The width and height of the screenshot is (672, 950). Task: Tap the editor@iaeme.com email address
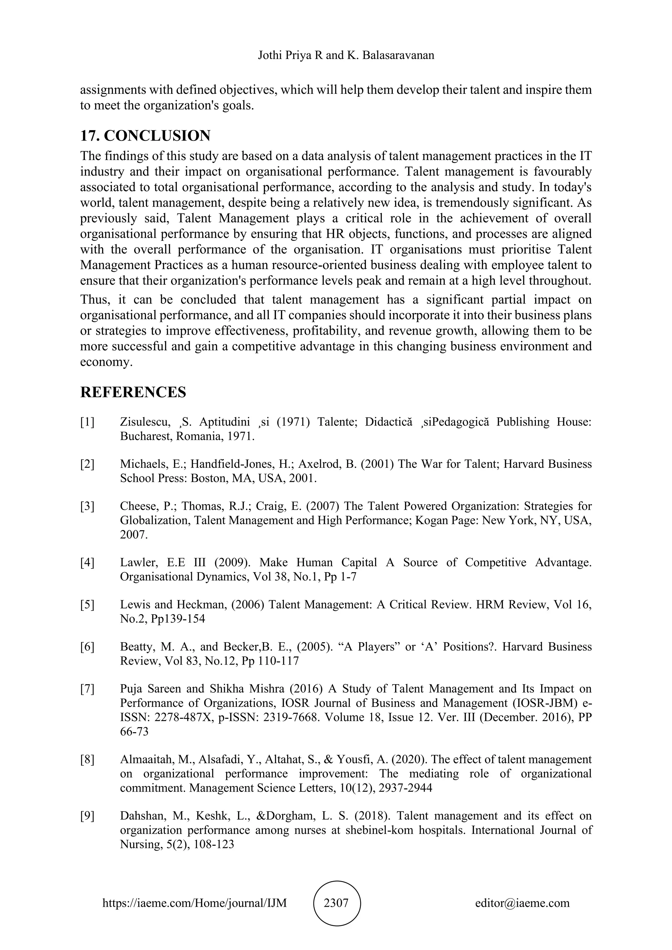coord(522,902)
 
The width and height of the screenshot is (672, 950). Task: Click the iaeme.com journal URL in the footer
coord(195,902)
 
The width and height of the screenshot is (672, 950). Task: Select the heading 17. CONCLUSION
coord(145,136)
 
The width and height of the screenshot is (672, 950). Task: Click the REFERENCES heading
coord(133,392)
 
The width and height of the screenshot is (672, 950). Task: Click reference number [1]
coord(87,422)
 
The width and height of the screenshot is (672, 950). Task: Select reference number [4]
coord(87,562)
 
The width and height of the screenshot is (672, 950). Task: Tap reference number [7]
coord(87,689)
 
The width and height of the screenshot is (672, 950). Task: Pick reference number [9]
coord(87,816)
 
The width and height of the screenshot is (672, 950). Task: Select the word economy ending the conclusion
coord(106,362)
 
